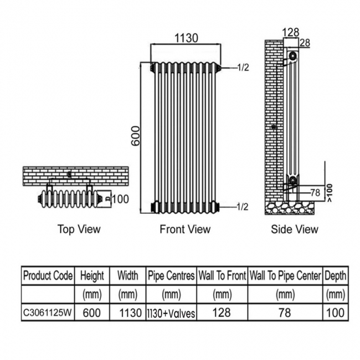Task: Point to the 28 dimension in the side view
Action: click(304, 43)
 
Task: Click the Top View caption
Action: click(79, 229)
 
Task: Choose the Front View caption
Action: click(185, 229)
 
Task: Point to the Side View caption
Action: click(295, 229)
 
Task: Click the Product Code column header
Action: click(48, 275)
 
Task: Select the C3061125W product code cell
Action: click(48, 313)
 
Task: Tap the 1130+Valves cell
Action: click(171, 313)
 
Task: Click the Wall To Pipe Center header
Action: click(285, 275)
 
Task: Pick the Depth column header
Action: click(335, 275)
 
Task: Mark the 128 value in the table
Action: click(222, 313)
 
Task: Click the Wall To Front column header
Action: click(222, 275)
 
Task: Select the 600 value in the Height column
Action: click(92, 313)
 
